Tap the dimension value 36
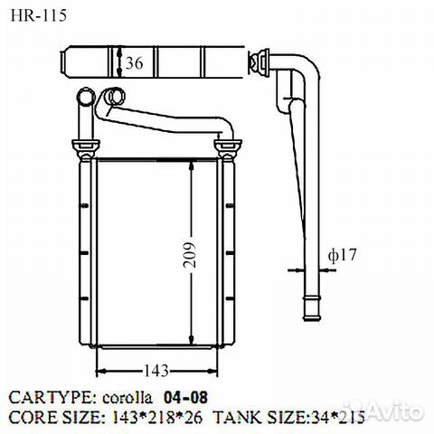pos(133,63)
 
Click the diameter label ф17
pos(343,256)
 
